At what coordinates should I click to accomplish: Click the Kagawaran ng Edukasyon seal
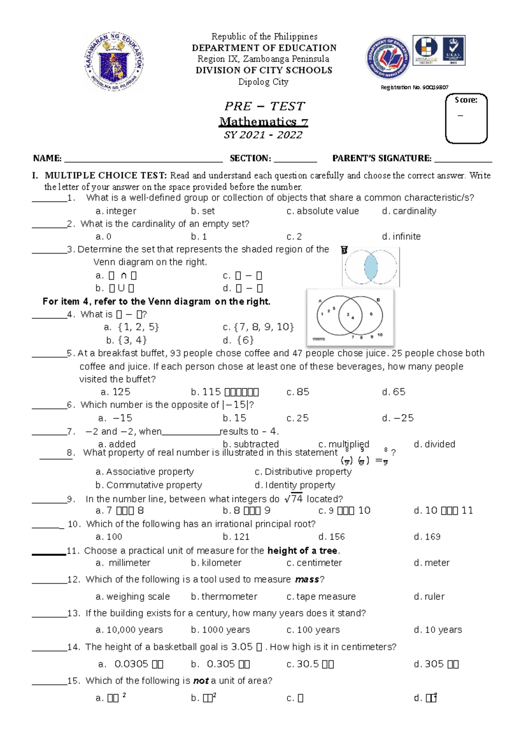click(114, 61)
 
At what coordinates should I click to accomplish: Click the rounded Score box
click(466, 118)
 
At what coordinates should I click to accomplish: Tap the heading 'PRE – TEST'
click(264, 106)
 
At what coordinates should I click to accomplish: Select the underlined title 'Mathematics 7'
click(263, 122)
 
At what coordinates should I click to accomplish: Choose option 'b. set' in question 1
click(203, 211)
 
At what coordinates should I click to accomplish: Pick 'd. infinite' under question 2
click(401, 236)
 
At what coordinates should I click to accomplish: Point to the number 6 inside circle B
click(371, 314)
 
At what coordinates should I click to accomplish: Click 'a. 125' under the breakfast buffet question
click(116, 392)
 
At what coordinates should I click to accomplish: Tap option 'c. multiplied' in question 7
click(344, 444)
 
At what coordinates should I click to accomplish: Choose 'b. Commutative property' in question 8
click(149, 485)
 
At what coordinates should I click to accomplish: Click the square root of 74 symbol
click(293, 498)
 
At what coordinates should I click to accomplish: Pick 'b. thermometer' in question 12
click(224, 596)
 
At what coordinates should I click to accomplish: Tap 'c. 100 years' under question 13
click(313, 630)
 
